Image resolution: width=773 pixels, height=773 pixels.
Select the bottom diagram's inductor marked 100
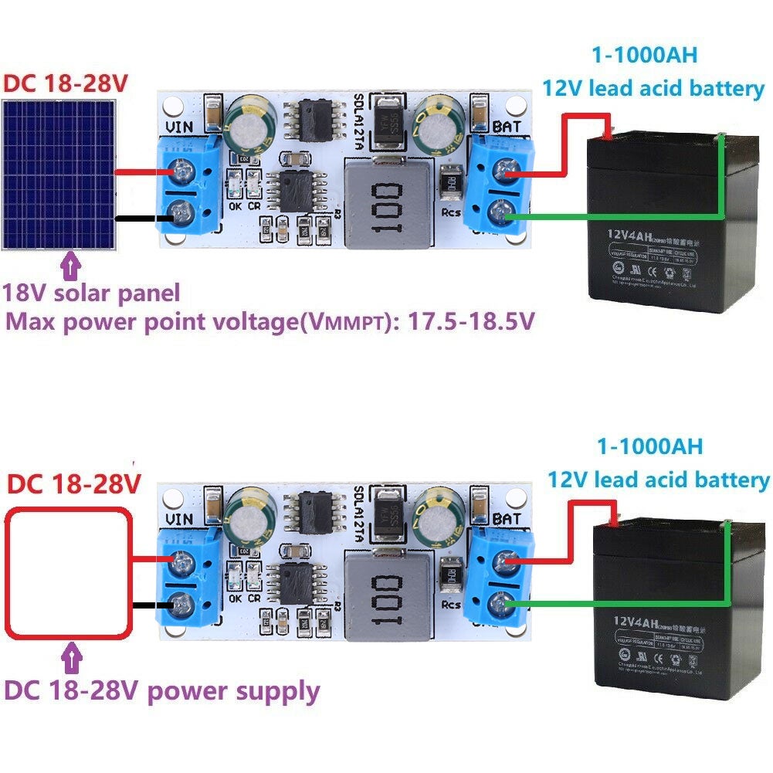386,597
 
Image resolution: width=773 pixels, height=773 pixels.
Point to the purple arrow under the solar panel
73,266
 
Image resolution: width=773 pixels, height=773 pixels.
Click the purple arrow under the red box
73,659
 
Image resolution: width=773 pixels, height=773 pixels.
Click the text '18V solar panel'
92,293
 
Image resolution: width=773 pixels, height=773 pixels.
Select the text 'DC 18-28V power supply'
161,690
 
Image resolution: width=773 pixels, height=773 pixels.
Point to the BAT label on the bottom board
506,518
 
